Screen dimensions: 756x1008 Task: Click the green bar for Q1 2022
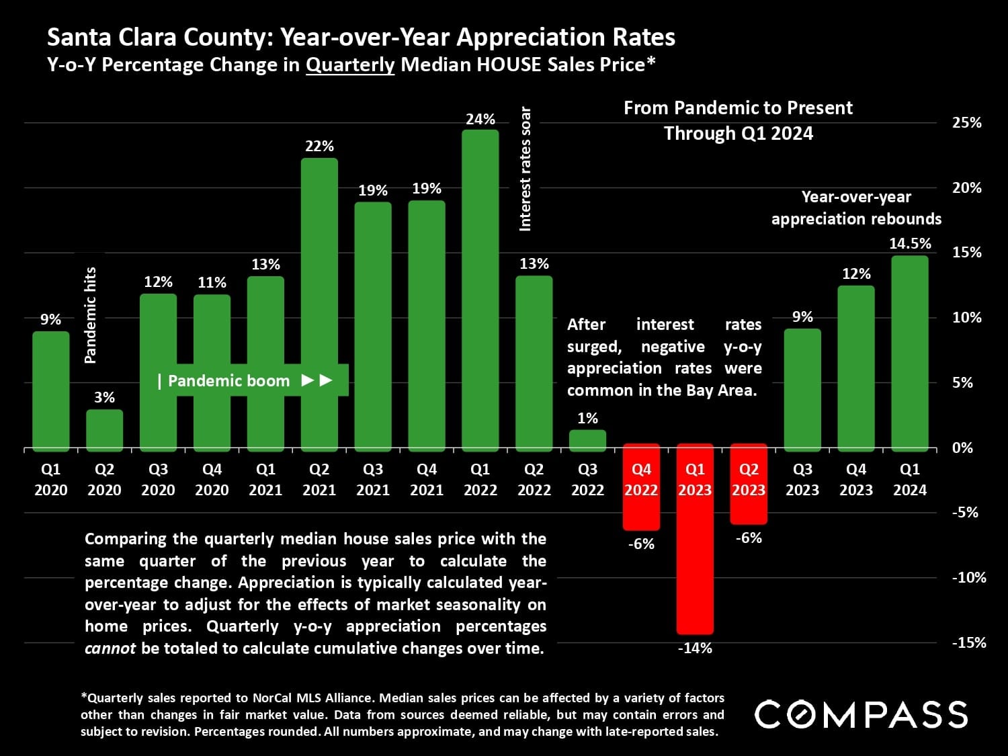click(480, 289)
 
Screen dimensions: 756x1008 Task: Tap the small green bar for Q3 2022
click(587, 439)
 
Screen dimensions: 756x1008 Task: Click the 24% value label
click(480, 119)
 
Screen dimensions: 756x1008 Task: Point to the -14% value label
click(695, 648)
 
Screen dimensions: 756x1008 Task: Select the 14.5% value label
click(910, 243)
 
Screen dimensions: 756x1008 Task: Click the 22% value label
click(319, 146)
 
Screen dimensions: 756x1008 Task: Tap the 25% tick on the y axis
click(966, 122)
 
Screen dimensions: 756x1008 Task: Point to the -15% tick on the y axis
click(968, 642)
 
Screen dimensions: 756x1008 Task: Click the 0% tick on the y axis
click(962, 448)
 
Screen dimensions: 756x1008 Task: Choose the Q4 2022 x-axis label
click(641, 479)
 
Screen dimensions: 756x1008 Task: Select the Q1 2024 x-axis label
click(910, 479)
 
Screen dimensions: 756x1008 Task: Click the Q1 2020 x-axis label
click(51, 479)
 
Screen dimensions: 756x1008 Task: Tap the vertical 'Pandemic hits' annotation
click(90, 315)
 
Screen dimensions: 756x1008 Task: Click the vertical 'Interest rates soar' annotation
click(526, 169)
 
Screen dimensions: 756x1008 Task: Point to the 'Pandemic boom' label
click(228, 380)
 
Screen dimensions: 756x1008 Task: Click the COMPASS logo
click(861, 714)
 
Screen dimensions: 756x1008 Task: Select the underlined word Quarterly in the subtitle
click(350, 65)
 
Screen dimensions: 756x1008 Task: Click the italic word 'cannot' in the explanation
click(110, 648)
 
